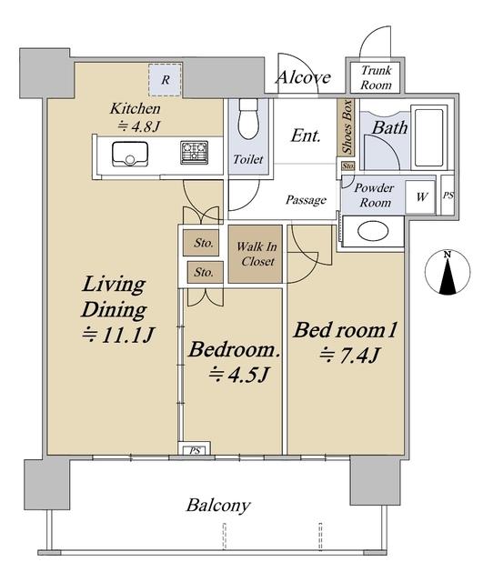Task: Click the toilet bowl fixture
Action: point(248,118)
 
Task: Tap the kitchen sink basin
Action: point(130,155)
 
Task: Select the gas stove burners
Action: point(194,153)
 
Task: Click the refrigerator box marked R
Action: point(166,80)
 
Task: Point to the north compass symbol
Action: point(448,273)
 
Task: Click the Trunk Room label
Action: point(376,77)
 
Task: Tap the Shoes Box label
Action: point(347,127)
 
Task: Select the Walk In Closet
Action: point(256,254)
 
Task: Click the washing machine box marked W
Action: point(420,196)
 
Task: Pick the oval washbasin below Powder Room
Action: point(373,231)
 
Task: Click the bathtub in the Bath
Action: point(429,137)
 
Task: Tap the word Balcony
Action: point(218,507)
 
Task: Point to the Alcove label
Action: point(304,77)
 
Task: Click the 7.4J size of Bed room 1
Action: point(349,356)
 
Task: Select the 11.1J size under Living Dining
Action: point(117,336)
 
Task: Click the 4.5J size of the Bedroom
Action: point(238,375)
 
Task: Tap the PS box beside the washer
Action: point(448,195)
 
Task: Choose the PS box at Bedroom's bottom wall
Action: point(195,449)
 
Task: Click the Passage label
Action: point(306,200)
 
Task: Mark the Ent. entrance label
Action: point(305,135)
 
